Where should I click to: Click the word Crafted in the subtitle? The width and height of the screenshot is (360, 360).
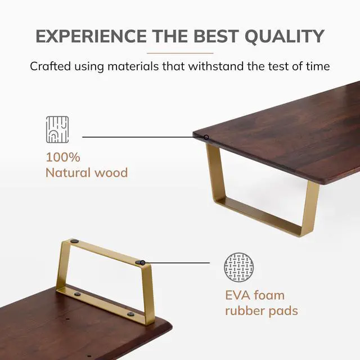tap(50, 66)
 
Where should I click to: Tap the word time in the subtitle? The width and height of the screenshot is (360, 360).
tap(317, 66)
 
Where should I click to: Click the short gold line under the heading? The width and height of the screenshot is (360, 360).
tap(180, 53)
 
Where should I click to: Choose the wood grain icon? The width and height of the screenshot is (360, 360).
tap(57, 129)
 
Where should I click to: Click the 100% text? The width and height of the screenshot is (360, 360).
tap(63, 157)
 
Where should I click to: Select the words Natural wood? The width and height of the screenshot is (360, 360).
tap(87, 172)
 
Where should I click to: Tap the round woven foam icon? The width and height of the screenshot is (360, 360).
tap(239, 267)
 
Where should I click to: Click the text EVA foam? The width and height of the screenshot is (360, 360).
tap(255, 295)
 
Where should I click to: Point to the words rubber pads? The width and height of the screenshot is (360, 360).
tap(262, 310)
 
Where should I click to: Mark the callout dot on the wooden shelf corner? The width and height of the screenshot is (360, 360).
tap(206, 137)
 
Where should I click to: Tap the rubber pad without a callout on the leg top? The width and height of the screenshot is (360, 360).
tap(75, 241)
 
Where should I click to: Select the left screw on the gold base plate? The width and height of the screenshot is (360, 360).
tap(78, 294)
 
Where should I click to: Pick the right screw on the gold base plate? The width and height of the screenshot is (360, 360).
tap(130, 314)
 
